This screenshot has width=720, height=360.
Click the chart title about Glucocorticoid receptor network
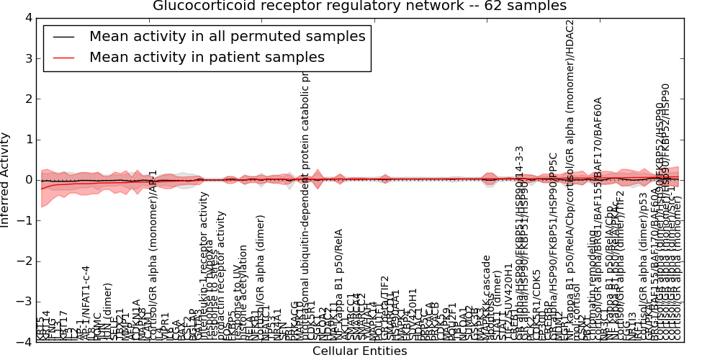[359, 6]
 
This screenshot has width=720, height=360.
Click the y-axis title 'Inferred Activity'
[6, 180]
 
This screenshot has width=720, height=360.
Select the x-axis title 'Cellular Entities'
[359, 351]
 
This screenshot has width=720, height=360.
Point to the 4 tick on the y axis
[28, 18]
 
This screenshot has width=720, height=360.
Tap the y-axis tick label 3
[28, 58]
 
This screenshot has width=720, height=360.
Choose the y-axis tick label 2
[28, 99]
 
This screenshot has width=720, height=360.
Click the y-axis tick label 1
[28, 140]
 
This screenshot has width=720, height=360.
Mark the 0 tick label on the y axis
[28, 180]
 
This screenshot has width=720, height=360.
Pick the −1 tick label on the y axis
[25, 220]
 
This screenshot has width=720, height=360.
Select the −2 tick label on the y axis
[25, 261]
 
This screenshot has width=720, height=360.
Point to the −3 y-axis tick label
[25, 302]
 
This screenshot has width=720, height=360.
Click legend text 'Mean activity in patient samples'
[207, 58]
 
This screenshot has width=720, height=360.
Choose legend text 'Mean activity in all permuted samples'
[227, 37]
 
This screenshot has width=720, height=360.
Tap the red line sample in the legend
[63, 58]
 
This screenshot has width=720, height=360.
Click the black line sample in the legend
[63, 37]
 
